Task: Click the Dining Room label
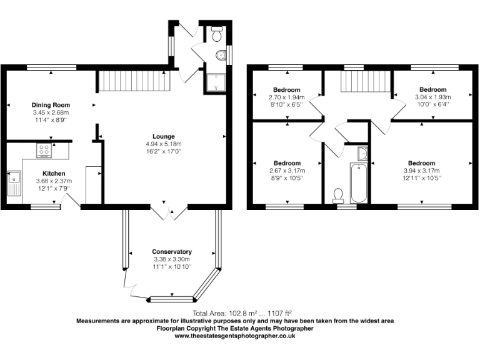(x=51, y=105)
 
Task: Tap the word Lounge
(x=164, y=136)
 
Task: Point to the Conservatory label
(x=171, y=252)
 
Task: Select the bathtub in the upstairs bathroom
(x=359, y=182)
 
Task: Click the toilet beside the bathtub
(x=339, y=195)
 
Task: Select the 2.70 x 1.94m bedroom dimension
(x=286, y=97)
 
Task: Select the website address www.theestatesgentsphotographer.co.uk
(x=234, y=336)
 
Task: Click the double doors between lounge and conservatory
(x=169, y=211)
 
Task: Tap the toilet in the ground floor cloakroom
(x=217, y=36)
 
